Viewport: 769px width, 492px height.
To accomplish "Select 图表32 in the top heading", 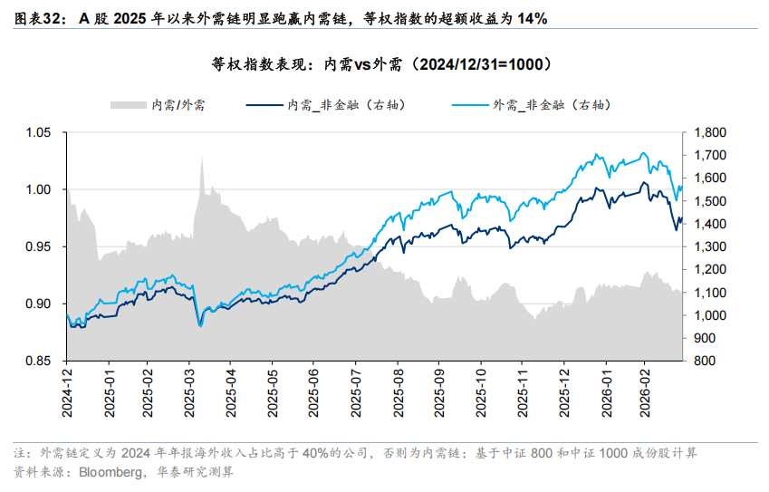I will (x=38, y=18).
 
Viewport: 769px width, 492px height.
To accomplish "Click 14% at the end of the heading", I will (x=532, y=18).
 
